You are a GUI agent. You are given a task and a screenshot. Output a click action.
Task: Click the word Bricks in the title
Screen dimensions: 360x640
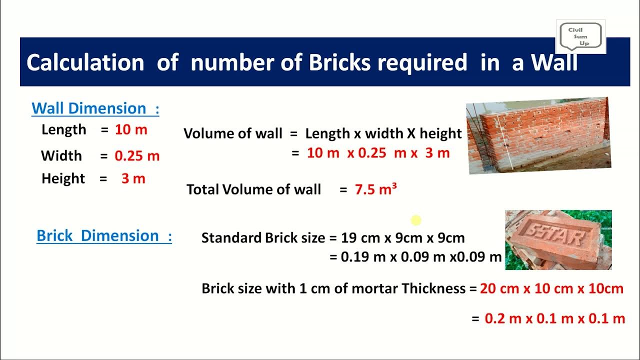click(x=340, y=63)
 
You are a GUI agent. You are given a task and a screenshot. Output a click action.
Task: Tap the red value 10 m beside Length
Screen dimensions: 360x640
click(x=131, y=130)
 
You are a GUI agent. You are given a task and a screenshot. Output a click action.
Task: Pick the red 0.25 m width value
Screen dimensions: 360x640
click(x=137, y=156)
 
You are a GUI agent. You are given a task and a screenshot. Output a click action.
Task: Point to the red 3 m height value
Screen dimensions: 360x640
click(x=133, y=179)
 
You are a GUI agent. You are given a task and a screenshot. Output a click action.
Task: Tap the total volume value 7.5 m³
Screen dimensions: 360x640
click(x=375, y=189)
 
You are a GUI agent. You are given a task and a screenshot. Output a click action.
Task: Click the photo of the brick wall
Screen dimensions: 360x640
click(x=538, y=135)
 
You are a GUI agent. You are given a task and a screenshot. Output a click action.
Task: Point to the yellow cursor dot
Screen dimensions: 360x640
click(x=416, y=220)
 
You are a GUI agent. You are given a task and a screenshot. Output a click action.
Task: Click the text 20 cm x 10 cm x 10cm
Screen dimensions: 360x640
click(x=551, y=288)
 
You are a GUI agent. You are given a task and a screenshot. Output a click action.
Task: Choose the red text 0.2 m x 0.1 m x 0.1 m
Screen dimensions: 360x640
click(x=555, y=318)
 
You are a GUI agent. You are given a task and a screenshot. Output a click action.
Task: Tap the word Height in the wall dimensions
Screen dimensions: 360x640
click(x=63, y=179)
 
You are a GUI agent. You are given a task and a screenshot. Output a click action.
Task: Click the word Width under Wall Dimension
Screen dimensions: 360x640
click(x=61, y=156)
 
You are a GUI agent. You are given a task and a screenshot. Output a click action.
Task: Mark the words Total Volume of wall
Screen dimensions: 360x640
click(x=253, y=189)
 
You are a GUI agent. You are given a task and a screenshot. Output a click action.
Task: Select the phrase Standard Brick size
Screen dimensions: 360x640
click(x=263, y=238)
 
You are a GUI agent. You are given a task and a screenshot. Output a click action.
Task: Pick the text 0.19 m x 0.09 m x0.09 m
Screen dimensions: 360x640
click(x=421, y=257)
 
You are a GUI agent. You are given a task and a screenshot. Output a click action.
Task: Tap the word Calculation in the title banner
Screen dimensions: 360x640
click(x=85, y=63)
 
